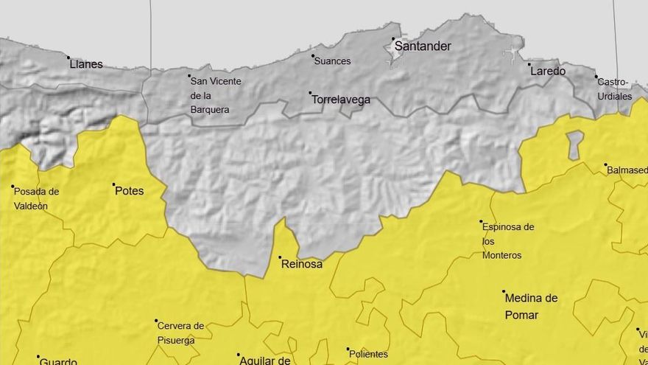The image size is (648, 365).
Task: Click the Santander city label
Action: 423,46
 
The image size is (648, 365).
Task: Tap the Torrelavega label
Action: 340,100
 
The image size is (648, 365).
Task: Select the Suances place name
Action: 332,61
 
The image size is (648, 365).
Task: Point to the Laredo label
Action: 547,72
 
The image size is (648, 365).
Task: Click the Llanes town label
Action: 86,64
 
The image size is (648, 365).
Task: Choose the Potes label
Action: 129,191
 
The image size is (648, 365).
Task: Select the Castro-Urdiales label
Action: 614,89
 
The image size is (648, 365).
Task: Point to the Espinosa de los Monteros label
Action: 507,241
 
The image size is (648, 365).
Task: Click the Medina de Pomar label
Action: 531,307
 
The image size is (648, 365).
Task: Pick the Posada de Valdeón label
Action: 36,199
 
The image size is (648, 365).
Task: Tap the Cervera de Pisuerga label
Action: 180,333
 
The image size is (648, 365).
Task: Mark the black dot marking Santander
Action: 393,39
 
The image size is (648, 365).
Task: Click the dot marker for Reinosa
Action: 280,257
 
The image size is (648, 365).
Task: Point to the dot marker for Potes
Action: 114,184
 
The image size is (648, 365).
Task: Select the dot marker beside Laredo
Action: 529,65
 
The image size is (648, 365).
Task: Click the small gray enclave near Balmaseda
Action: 574,145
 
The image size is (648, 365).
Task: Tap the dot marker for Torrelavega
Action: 310,93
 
